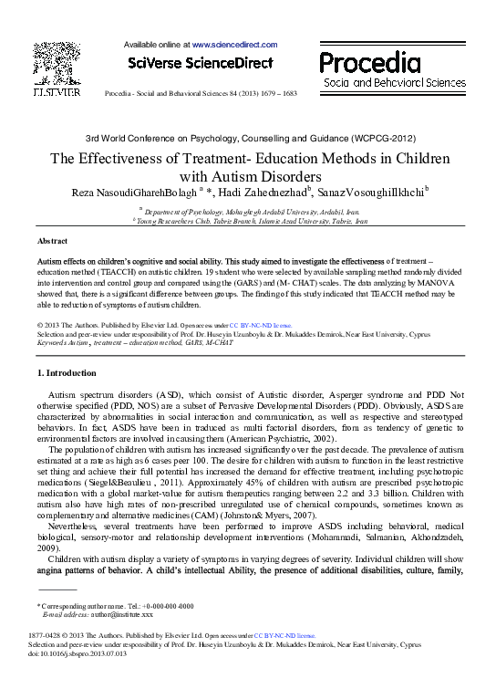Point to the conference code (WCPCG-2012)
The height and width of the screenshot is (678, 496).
click(372, 137)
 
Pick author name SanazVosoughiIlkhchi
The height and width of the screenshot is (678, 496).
click(371, 192)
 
